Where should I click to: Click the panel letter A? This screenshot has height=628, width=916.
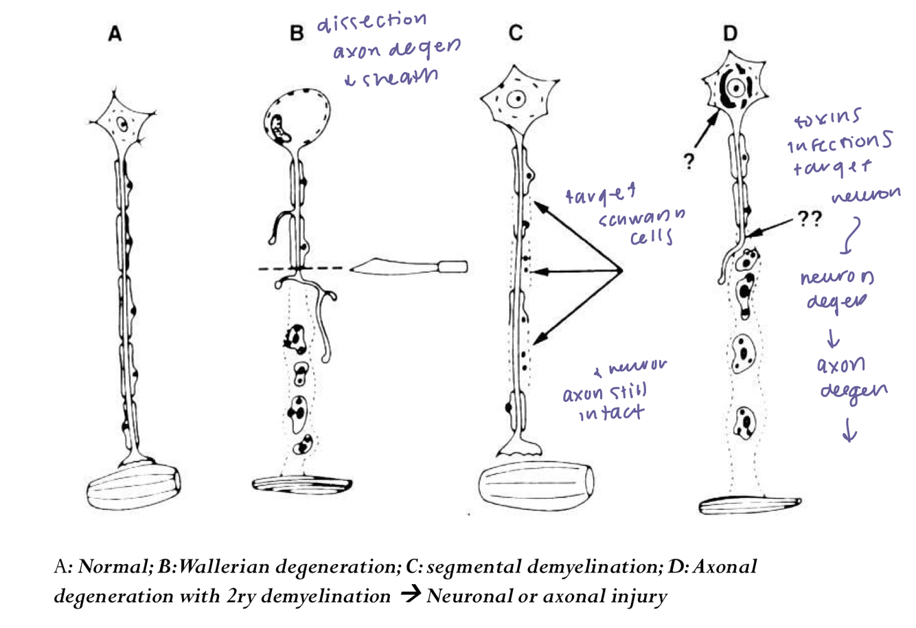pos(115,34)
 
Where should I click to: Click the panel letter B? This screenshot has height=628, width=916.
pos(297,33)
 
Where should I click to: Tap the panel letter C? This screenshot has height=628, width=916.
pos(515,33)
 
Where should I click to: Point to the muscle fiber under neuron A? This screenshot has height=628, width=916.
pos(134,487)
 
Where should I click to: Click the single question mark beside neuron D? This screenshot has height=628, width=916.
pos(687,161)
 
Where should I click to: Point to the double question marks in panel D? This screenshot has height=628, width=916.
pos(810,218)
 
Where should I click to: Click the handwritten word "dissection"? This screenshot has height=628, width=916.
pos(371,22)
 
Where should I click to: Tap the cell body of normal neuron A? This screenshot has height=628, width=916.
pos(122,125)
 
